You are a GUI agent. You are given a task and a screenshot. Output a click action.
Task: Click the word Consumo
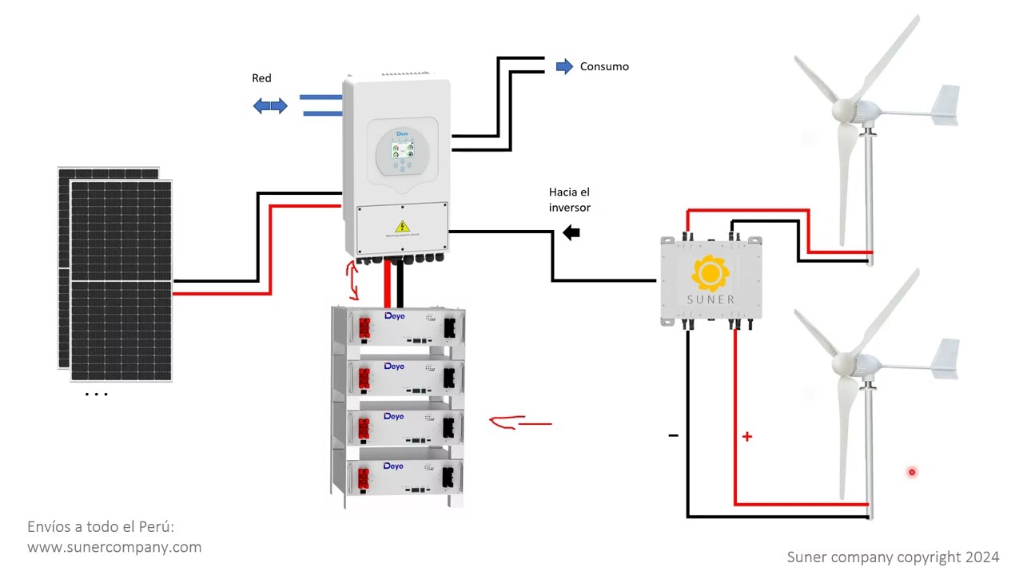tap(604, 66)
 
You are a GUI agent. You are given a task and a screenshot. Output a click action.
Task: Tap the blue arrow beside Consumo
tap(564, 66)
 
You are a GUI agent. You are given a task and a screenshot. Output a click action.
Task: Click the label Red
tap(261, 78)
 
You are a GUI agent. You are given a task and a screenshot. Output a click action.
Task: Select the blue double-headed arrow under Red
tap(270, 105)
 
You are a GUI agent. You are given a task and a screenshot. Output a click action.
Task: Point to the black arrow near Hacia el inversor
tap(571, 233)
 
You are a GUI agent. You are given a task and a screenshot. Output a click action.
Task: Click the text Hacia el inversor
tap(569, 200)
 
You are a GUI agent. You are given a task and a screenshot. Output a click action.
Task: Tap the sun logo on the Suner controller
tap(710, 273)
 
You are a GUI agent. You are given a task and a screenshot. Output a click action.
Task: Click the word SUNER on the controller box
tap(711, 299)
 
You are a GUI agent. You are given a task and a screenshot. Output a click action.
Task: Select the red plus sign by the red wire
tap(746, 437)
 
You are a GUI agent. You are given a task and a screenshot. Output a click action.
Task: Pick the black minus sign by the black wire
tap(673, 435)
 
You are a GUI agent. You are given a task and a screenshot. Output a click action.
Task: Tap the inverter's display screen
tap(403, 151)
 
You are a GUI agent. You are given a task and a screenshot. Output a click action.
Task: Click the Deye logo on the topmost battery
tap(394, 316)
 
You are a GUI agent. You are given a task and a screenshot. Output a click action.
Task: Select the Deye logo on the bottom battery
tap(393, 466)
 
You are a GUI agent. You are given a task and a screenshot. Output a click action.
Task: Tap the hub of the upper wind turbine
tap(845, 109)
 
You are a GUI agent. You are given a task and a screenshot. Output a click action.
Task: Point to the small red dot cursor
tap(911, 472)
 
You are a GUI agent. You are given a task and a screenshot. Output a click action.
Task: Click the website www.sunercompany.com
tap(114, 547)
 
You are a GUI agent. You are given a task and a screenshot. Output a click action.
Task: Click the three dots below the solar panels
tap(96, 394)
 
